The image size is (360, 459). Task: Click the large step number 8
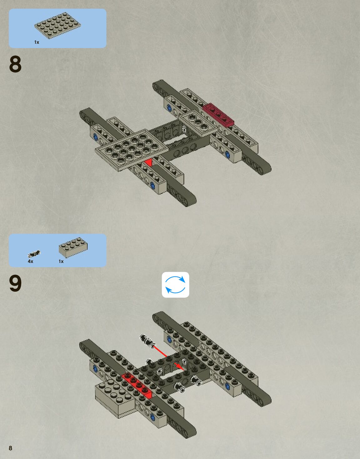click(15, 64)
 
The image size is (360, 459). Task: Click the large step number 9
click(15, 284)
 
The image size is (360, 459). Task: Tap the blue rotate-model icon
click(175, 285)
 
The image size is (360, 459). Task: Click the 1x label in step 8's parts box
click(37, 42)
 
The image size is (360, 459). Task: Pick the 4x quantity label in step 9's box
click(30, 261)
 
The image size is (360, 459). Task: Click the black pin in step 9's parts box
click(34, 254)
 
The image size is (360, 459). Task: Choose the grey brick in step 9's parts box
click(73, 247)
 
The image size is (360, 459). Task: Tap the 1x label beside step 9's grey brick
click(61, 261)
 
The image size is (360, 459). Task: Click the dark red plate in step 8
click(218, 114)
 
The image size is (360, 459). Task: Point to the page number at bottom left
click(10, 448)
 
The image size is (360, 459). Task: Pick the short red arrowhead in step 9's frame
click(179, 366)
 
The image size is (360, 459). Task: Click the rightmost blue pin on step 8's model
click(227, 154)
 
